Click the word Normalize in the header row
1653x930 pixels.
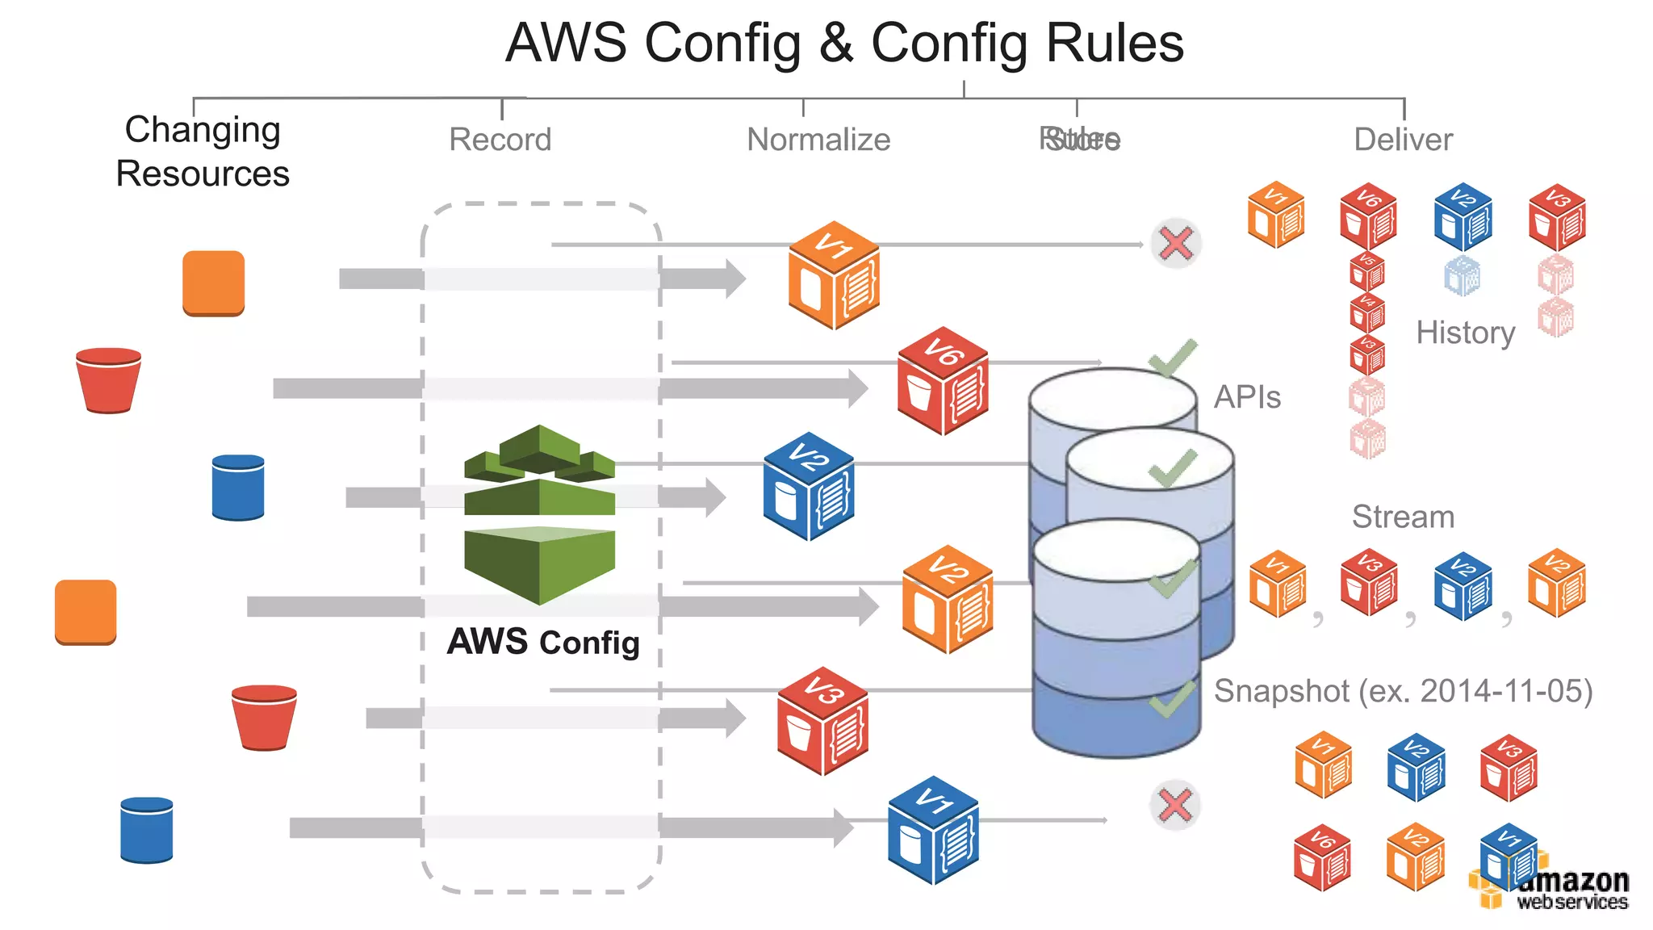tap(818, 140)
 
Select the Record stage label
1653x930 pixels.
tap(500, 140)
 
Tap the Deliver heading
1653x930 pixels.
tap(1403, 140)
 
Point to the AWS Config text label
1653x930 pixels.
tap(543, 643)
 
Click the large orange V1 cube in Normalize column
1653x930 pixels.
tap(834, 275)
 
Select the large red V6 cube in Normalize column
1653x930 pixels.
tap(943, 381)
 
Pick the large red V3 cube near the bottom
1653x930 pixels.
tap(822, 721)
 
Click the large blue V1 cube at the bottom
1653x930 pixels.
tap(933, 831)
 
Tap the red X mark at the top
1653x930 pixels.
tap(1175, 243)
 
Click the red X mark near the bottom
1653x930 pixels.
tap(1174, 805)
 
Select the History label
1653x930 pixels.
tap(1465, 333)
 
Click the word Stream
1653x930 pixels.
tap(1403, 517)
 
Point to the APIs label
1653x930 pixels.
tap(1247, 397)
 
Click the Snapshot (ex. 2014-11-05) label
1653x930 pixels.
tap(1403, 691)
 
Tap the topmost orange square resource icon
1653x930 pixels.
tap(213, 283)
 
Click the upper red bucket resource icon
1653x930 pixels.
tap(108, 380)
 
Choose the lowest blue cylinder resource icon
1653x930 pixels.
tap(146, 830)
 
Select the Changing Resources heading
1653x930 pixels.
tap(202, 152)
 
